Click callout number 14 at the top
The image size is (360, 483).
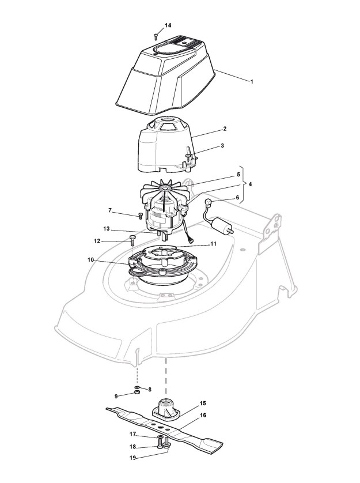[x=168, y=25]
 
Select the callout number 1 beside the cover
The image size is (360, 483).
[x=251, y=81]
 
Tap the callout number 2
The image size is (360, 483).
[x=224, y=129]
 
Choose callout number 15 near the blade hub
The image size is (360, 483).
[x=203, y=403]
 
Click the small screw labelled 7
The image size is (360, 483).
[x=140, y=217]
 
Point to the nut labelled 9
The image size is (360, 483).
[x=137, y=393]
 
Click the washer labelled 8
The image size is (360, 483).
[x=137, y=387]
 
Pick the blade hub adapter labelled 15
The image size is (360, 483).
[x=167, y=409]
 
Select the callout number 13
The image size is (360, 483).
[x=106, y=228]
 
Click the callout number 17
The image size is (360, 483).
[x=132, y=434]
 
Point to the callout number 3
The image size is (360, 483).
[x=222, y=146]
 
